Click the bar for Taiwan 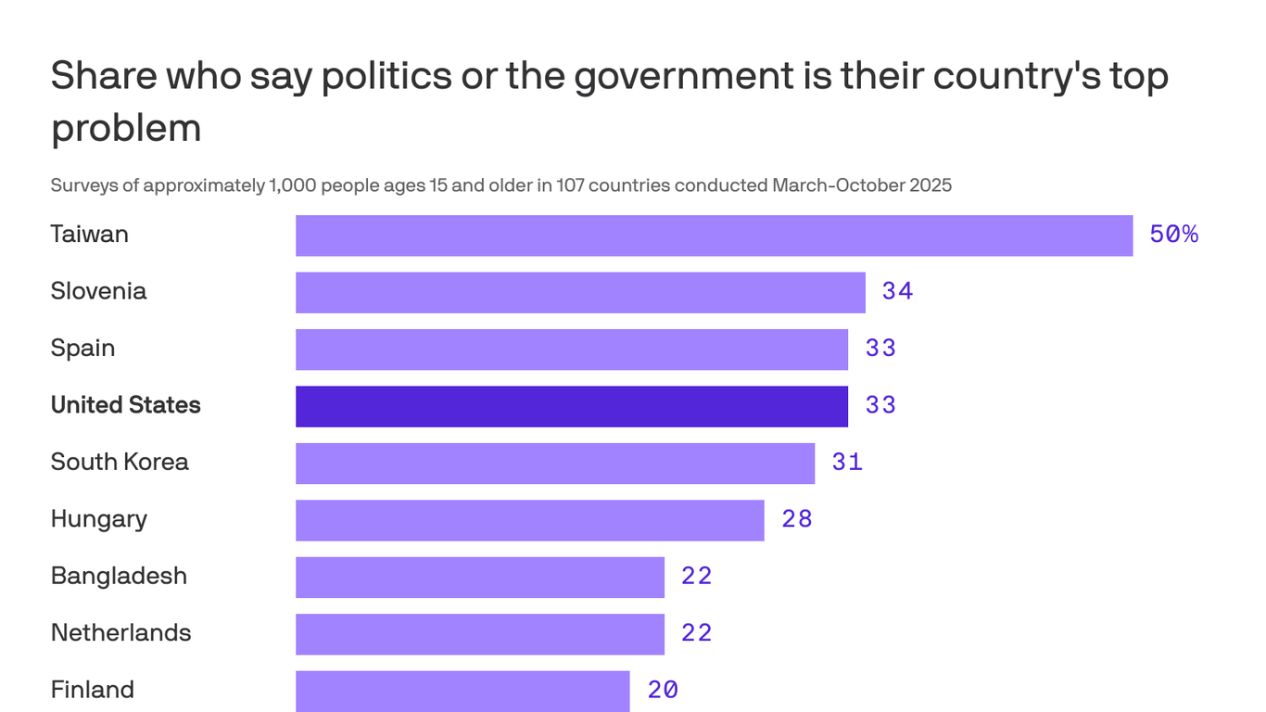pos(714,235)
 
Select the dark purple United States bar pos(572,406)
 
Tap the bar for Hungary pos(530,520)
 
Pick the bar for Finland pos(462,691)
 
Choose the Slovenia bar pos(580,292)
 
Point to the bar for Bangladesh pos(480,577)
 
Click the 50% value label pos(1173,235)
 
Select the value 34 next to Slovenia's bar pos(897,292)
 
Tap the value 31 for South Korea pos(847,463)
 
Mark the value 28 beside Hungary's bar pos(797,519)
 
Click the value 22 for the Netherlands pos(697,633)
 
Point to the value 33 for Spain pos(880,349)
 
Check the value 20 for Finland pos(663,691)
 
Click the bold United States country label pos(125,405)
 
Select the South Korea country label pos(120,462)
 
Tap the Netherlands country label pos(120,633)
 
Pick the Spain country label pos(82,349)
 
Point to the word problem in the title pos(126,128)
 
